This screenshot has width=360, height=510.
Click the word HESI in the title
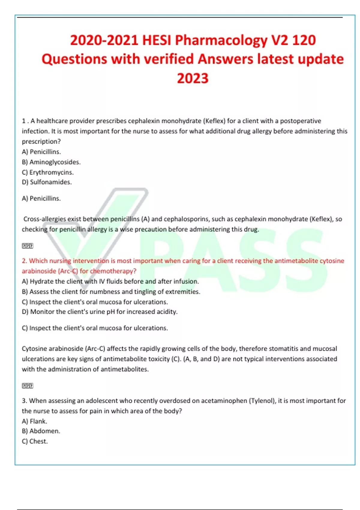coord(157,40)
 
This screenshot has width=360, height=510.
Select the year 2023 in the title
coord(193,78)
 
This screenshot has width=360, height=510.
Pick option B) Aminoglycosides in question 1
coord(51,162)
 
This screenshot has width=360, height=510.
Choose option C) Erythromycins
coord(48,172)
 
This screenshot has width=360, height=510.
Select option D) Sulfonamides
coord(47,182)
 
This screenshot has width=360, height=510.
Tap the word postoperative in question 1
coord(300,121)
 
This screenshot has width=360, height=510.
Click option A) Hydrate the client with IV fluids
coord(110,281)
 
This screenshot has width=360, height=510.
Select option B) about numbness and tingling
coord(111,292)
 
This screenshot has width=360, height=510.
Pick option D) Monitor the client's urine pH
coord(100,312)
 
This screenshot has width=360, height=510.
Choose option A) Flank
coord(34,421)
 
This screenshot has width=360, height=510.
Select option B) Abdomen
coord(41,431)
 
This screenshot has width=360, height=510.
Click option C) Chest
coord(35,441)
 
